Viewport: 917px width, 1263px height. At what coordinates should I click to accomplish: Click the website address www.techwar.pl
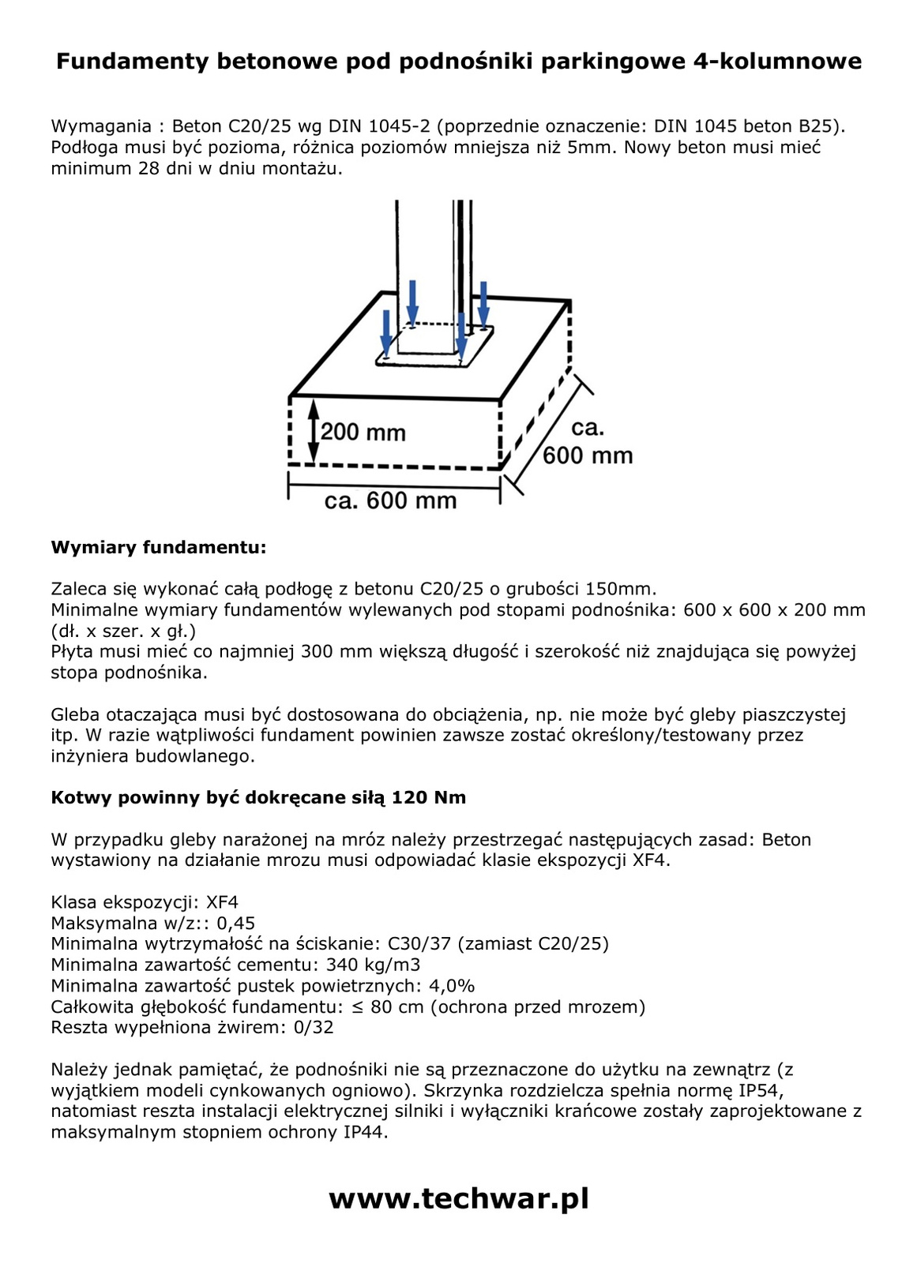tap(458, 1198)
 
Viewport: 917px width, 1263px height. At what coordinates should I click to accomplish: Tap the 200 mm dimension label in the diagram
tap(363, 432)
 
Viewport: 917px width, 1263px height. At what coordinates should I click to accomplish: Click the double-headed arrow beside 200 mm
tap(314, 432)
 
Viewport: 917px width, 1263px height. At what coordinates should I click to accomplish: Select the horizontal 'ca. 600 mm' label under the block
tap(390, 500)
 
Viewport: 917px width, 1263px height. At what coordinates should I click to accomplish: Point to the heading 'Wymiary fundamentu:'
tap(159, 547)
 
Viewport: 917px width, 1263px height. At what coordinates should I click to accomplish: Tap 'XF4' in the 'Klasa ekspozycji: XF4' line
tap(222, 902)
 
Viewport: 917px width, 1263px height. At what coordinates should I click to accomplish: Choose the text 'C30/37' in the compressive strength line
tap(415, 944)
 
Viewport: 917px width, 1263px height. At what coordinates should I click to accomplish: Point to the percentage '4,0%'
tap(452, 986)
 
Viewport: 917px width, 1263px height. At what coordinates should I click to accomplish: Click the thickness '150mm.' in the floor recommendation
tap(621, 589)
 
